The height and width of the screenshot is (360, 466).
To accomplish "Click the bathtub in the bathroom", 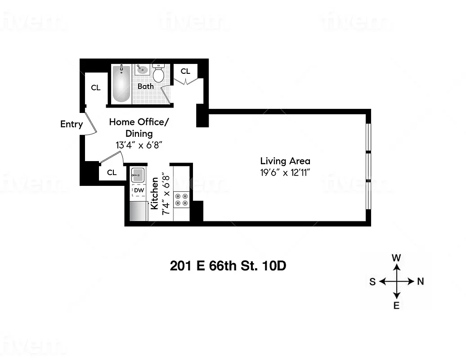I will point(121,84).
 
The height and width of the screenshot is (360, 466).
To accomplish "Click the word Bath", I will point(145,86).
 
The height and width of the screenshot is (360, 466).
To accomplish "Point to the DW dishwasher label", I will point(139,191).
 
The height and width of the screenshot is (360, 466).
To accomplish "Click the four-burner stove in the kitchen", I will point(181,200).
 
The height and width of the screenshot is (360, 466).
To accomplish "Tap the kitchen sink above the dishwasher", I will point(138,174).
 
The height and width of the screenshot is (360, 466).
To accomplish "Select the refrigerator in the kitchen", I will point(139,211).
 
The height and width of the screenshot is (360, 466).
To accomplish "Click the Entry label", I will point(72,124).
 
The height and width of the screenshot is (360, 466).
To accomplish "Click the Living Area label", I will point(285,161).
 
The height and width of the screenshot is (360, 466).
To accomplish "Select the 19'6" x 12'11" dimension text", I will point(285,172).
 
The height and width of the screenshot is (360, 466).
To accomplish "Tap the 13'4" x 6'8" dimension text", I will point(139,145).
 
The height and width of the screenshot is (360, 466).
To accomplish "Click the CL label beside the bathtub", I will point(96,88).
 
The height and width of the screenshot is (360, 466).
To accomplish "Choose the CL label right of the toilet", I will point(185,71).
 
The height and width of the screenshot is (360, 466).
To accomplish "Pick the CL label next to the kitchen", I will point(112,172).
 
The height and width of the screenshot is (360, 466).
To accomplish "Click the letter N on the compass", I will point(421,282).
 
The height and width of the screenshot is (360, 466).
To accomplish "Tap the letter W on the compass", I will point(396,258).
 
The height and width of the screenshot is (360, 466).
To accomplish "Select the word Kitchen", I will point(155,193).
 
